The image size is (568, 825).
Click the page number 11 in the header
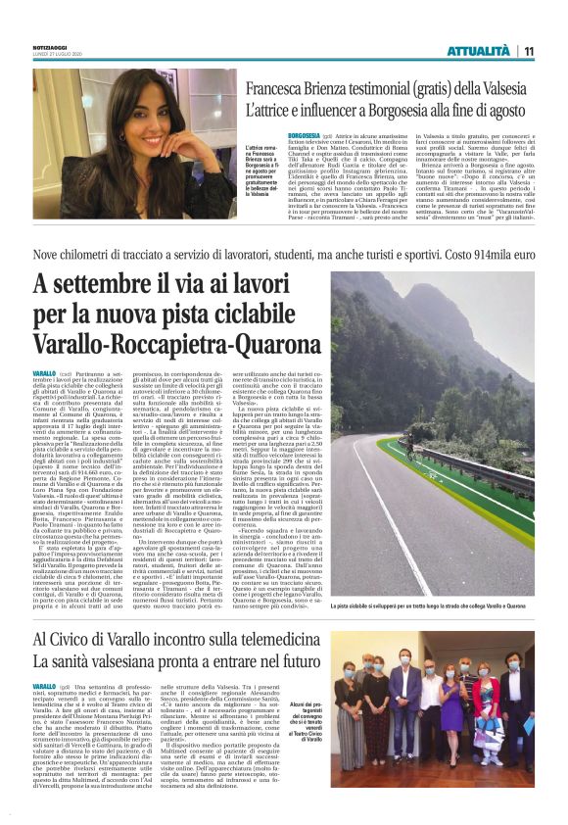[x=529, y=51]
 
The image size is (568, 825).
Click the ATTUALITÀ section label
[x=478, y=51]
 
